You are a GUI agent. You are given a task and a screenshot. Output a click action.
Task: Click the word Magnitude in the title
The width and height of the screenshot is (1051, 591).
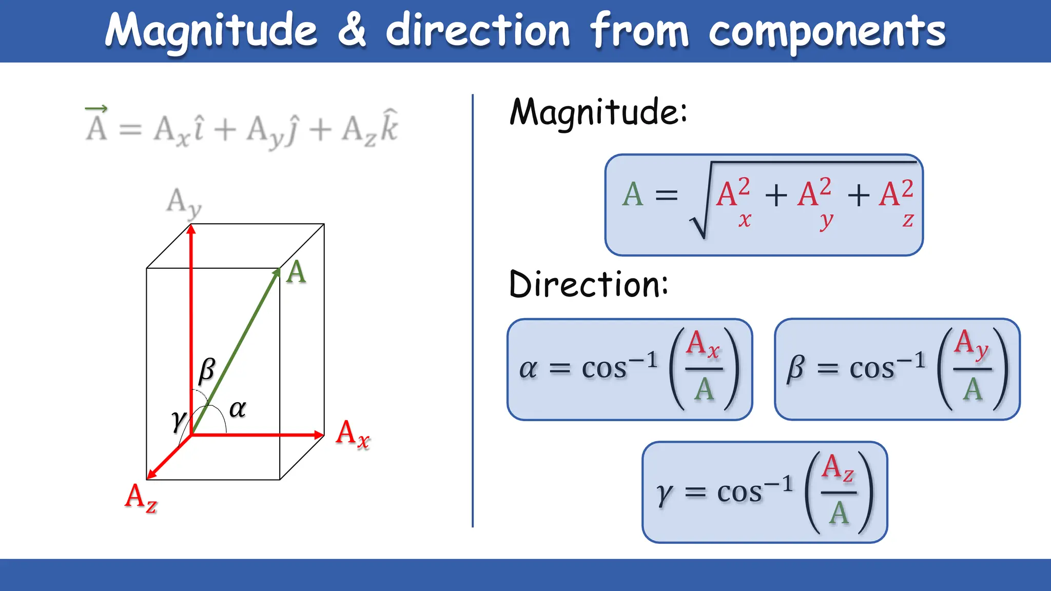coord(211,31)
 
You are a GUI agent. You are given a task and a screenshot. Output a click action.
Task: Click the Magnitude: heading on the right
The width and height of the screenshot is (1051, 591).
coord(598,111)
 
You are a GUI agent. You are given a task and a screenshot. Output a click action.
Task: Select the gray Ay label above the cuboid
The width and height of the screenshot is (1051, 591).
coord(184,203)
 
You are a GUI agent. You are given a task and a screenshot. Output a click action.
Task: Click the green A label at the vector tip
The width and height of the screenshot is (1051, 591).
coord(297,272)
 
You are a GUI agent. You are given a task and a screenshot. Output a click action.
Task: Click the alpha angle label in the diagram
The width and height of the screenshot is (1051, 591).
coord(238,408)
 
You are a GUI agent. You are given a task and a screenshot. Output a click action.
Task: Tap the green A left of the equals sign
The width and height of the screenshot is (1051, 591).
coord(632,194)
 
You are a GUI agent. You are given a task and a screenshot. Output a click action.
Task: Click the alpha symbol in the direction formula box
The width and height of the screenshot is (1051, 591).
coord(528,368)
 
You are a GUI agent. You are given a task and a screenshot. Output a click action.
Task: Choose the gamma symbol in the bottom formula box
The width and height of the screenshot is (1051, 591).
coord(664,494)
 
